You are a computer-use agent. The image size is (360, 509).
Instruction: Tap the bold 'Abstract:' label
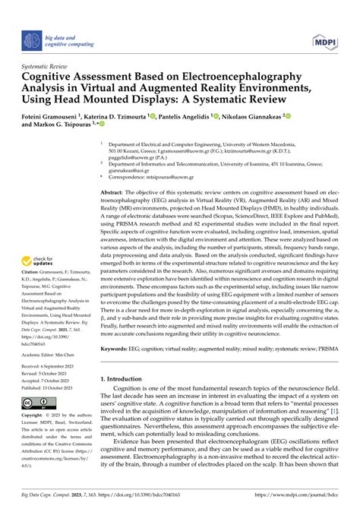(x=115, y=194)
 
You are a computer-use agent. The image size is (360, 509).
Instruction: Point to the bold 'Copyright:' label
(x=34, y=416)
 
